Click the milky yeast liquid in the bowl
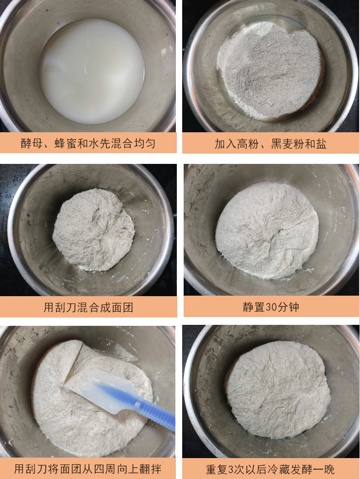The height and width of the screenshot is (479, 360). pyautogui.click(x=92, y=71)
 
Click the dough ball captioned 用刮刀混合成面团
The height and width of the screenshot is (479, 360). pyautogui.click(x=93, y=230)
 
